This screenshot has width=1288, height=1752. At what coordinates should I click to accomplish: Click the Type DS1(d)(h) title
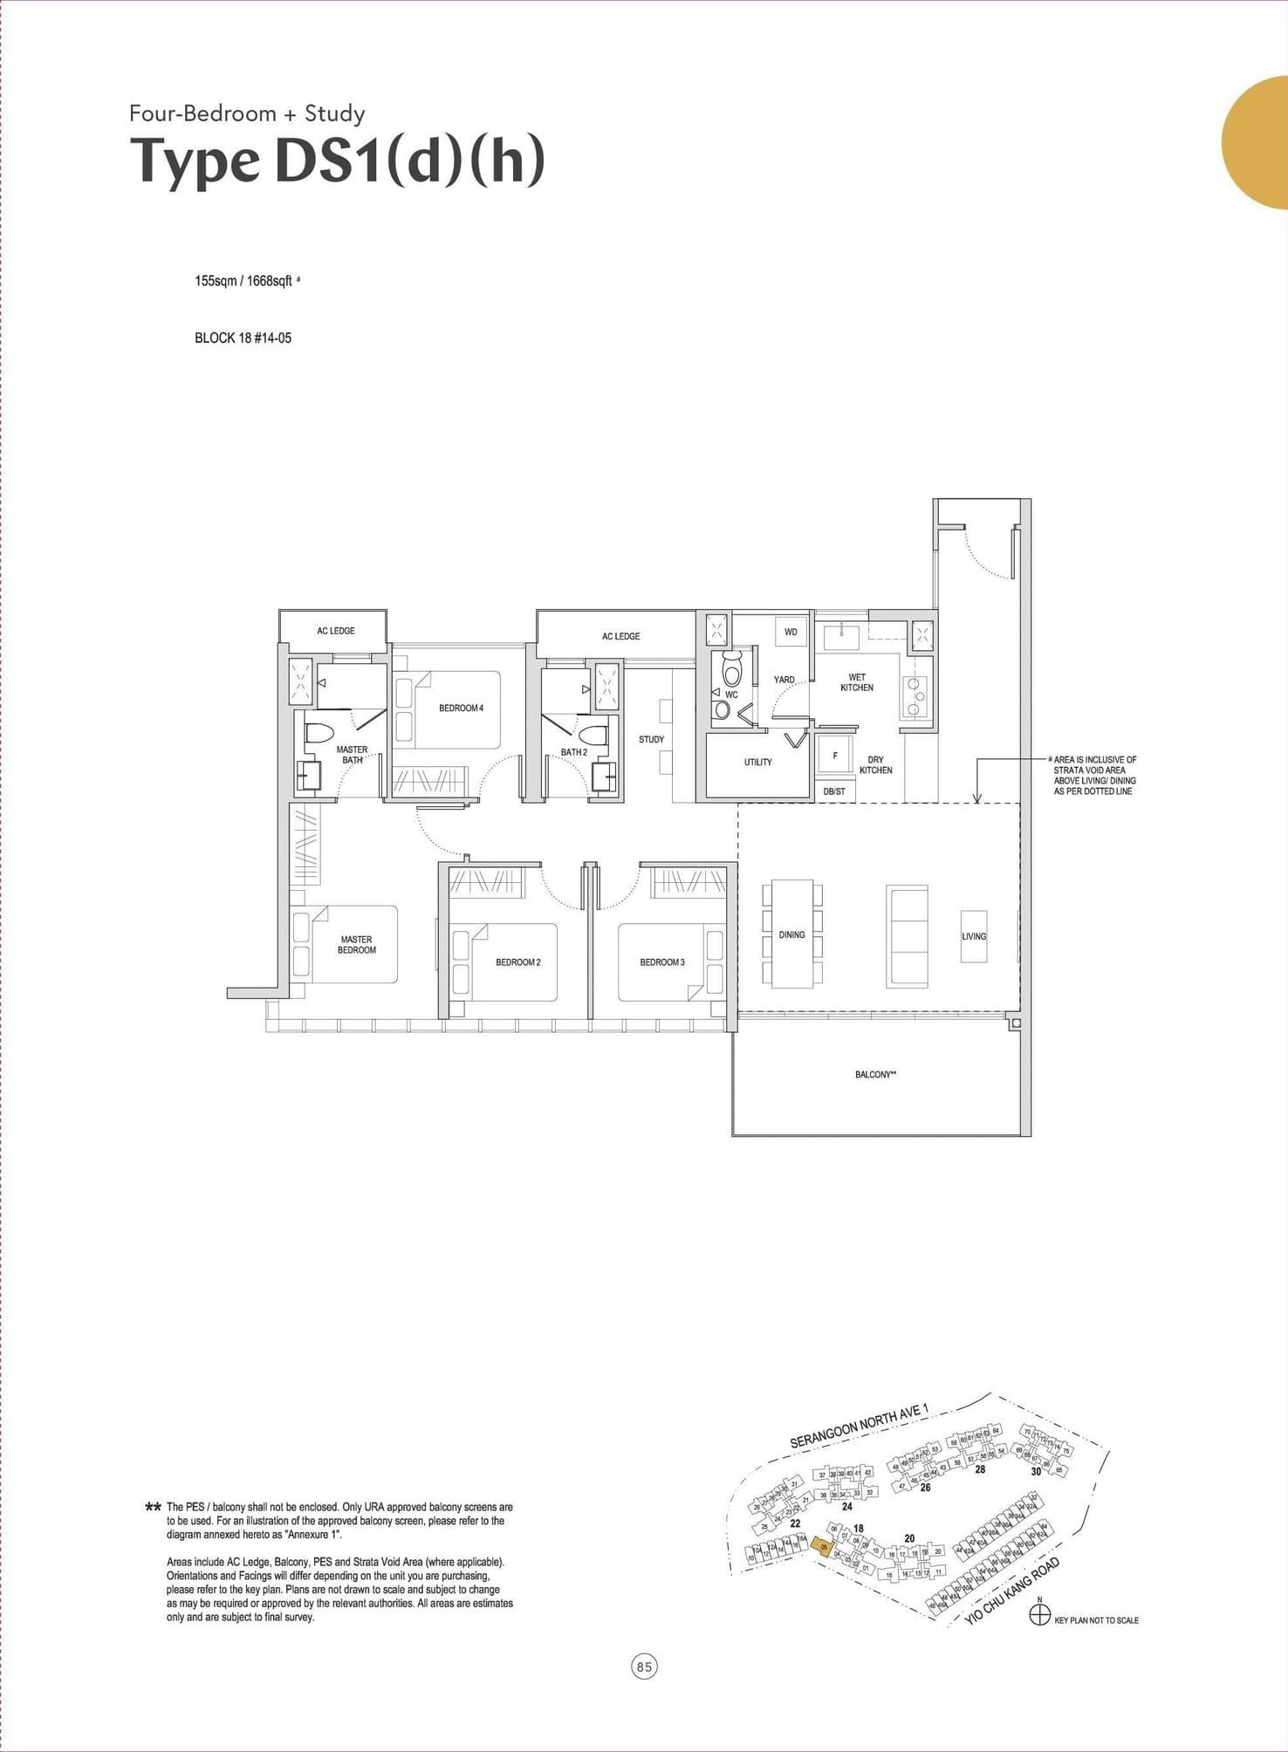coord(338,161)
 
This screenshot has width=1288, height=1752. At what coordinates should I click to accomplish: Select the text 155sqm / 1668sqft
coord(243,282)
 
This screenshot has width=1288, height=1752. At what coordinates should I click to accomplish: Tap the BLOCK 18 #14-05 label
coord(243,338)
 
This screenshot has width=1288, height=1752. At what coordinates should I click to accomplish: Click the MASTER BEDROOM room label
coord(356,945)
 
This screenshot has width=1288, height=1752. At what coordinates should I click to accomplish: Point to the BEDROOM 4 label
coord(461,708)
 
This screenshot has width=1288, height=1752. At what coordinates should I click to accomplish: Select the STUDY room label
coord(651,739)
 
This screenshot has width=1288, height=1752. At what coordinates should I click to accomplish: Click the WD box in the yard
coord(791,632)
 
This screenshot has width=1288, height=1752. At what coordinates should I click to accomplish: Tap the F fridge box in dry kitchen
coord(835,756)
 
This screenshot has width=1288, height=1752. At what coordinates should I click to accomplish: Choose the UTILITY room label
coord(757,763)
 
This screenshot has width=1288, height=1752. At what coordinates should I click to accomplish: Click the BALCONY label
coord(875,1075)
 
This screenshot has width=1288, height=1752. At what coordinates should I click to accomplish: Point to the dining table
coord(791,934)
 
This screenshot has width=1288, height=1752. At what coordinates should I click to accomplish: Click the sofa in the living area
coord(907,935)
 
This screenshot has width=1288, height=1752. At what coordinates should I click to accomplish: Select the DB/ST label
coord(834,791)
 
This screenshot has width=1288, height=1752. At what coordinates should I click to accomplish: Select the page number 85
coord(644,1667)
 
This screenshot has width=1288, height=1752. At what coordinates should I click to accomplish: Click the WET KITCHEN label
coord(856,682)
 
